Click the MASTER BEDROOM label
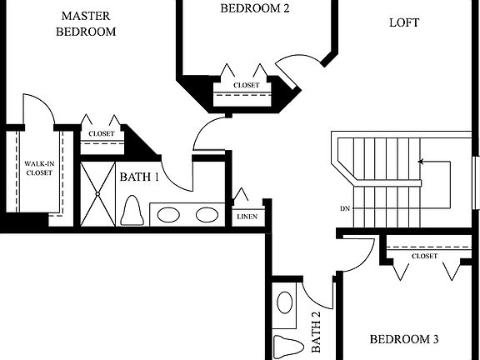point(85,23)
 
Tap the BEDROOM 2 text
point(254,8)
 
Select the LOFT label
point(404,22)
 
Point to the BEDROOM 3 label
point(404,339)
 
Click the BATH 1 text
point(138,177)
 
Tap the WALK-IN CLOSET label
point(37,167)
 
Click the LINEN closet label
point(247,217)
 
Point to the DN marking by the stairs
point(344,208)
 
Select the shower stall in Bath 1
point(97,192)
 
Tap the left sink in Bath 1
point(169,214)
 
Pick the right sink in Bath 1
point(206,214)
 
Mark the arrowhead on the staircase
point(421,162)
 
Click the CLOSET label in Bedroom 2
point(246,85)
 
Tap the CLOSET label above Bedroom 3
point(424,256)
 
